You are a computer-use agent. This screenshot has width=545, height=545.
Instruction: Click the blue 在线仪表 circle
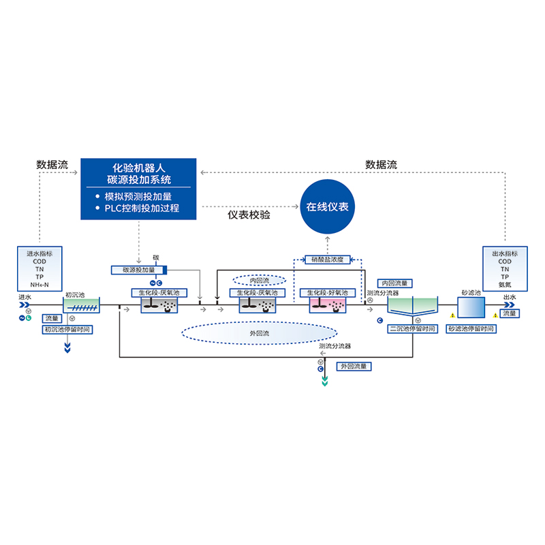tap(327, 207)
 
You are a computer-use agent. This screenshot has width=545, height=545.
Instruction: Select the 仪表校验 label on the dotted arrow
tap(249, 215)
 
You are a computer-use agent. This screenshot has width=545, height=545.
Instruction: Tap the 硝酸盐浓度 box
tap(327, 260)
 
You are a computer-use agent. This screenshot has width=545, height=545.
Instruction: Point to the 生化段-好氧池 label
tap(324, 293)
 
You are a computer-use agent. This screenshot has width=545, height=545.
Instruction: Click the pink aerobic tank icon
tap(326, 306)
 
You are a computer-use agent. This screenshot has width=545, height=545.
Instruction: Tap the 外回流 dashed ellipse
tap(260, 334)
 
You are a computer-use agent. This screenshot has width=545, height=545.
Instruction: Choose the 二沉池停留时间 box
tap(412, 329)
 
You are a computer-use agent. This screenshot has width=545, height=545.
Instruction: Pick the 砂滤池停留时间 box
tap(471, 329)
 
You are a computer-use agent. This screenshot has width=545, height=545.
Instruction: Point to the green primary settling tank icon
tap(81, 306)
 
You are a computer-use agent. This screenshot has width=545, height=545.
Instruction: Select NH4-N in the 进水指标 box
tap(41, 284)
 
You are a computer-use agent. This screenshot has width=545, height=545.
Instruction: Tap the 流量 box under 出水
tap(510, 313)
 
